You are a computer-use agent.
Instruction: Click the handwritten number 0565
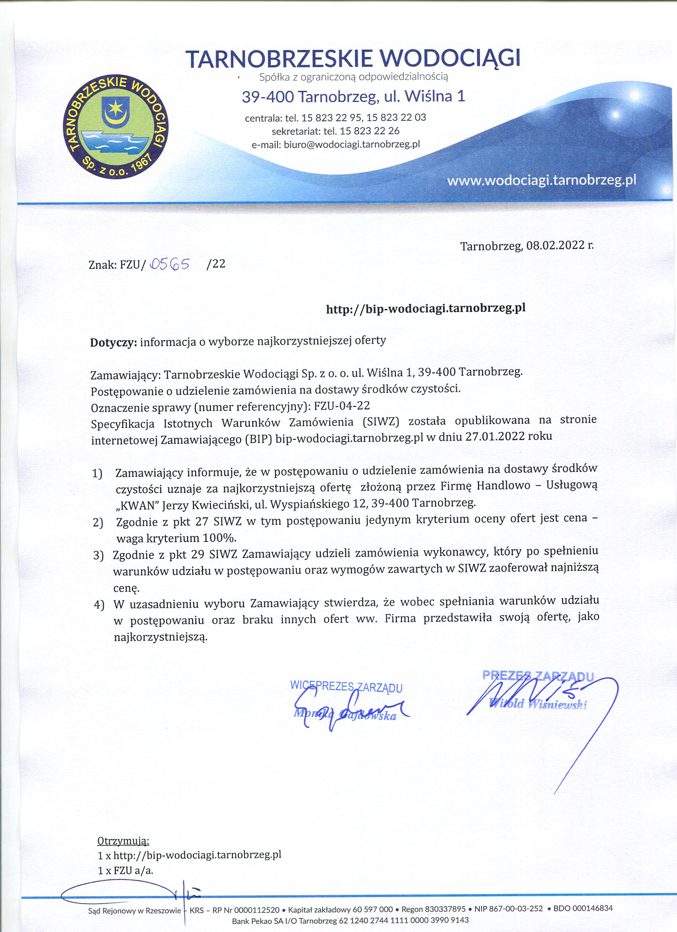click(170, 264)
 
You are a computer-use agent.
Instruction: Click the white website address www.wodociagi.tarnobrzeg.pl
click(542, 181)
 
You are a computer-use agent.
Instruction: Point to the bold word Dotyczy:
click(113, 342)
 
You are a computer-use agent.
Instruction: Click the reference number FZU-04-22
click(341, 406)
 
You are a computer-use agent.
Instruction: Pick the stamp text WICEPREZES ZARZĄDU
click(346, 686)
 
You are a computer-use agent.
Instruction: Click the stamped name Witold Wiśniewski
click(538, 704)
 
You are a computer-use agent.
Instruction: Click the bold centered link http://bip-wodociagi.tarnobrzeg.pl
click(426, 309)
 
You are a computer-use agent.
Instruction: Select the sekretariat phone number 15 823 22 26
click(370, 131)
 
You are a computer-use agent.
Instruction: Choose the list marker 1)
click(98, 474)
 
